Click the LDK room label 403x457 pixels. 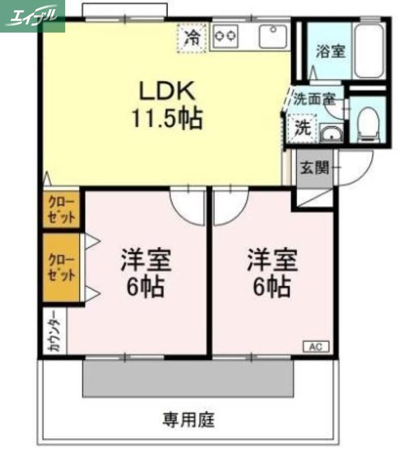[167, 91]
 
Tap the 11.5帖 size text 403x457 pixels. [167, 118]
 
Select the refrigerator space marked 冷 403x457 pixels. [193, 38]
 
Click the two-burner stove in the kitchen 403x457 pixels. [225, 36]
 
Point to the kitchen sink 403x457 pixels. [273, 37]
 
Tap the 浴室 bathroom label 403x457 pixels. [330, 51]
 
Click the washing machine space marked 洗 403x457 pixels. [302, 128]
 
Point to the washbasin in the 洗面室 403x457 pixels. [332, 133]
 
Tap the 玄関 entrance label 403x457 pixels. [314, 167]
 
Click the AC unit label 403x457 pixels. [316, 347]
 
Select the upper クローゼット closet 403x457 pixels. [61, 209]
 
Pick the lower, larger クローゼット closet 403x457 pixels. [61, 267]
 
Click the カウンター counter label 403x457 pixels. [55, 331]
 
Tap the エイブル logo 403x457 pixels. [32, 16]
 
